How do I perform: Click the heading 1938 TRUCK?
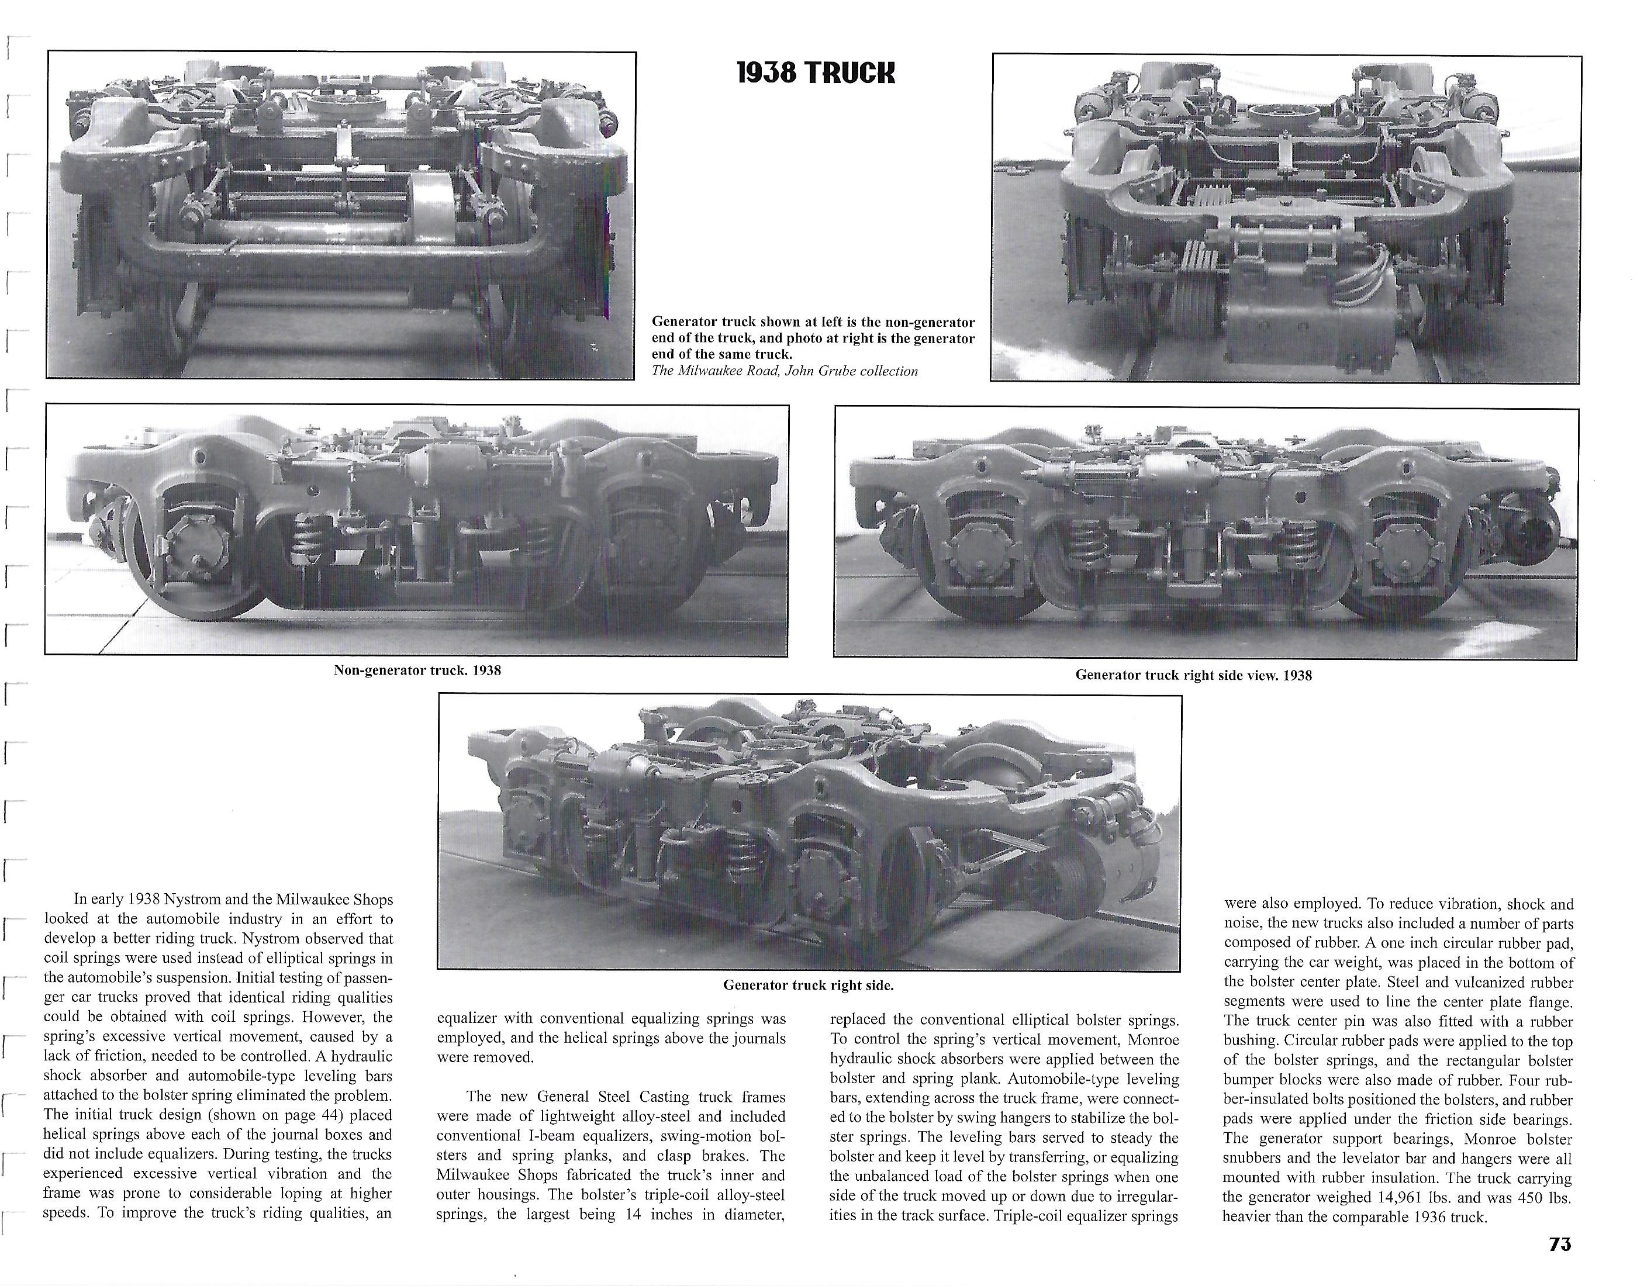pyautogui.click(x=816, y=73)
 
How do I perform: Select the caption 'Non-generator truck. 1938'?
pyautogui.click(x=417, y=670)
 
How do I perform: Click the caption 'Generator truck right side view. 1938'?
pyautogui.click(x=1193, y=675)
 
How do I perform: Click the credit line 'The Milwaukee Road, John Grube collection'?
pyautogui.click(x=785, y=371)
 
